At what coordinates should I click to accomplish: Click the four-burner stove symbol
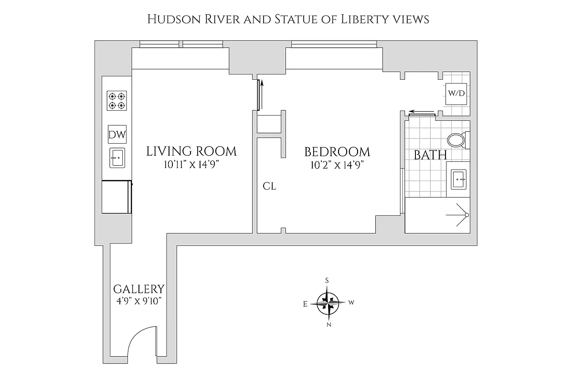117,101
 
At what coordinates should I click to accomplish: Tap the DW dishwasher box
117,135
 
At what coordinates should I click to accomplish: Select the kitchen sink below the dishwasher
117,158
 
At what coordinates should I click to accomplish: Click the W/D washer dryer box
456,93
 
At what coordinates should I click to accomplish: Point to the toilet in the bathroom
457,140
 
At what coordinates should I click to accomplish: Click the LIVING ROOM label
191,152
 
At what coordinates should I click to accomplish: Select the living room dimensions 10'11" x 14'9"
191,165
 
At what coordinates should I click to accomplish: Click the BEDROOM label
337,152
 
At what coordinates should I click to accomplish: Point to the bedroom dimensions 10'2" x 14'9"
337,165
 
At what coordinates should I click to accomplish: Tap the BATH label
430,155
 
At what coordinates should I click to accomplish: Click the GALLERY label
138,289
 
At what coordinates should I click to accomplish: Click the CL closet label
269,186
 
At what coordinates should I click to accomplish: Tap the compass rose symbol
328,302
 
